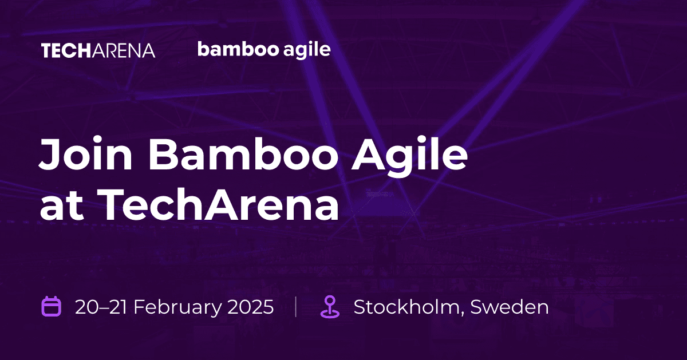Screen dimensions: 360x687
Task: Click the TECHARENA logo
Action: tap(98, 50)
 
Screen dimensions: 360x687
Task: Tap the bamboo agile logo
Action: tap(264, 50)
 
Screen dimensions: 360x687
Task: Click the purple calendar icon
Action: tap(52, 306)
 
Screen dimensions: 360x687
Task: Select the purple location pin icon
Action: tap(329, 307)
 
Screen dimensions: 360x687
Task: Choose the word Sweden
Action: tap(510, 307)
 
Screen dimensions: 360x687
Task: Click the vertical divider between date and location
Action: tap(295, 307)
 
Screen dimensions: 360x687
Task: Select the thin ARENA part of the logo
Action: tap(120, 50)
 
